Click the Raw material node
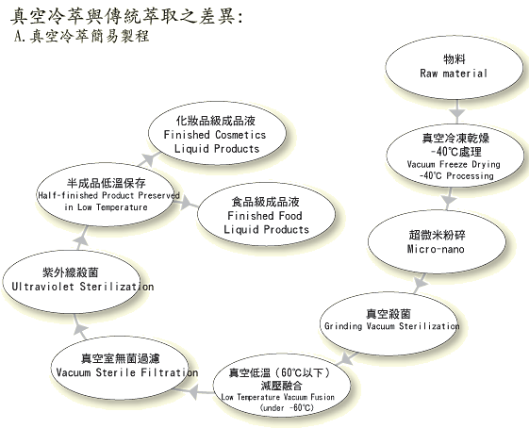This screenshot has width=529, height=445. [455, 67]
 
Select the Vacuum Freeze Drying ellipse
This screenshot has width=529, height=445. [455, 156]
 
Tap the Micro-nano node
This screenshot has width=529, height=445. [437, 241]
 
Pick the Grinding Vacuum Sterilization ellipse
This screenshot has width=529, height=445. [389, 323]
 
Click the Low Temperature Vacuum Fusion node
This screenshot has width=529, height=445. [282, 385]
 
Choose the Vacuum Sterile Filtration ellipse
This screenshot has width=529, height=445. [120, 368]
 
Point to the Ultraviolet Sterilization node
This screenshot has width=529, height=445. [72, 282]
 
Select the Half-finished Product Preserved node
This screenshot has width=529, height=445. [106, 194]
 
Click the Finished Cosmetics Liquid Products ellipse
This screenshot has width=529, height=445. [217, 133]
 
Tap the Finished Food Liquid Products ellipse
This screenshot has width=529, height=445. [266, 214]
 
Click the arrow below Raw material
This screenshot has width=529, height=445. [456, 111]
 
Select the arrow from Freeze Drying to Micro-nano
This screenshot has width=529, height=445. [449, 199]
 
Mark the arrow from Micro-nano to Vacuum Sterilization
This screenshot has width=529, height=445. [421, 283]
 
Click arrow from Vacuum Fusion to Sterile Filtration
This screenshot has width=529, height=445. [194, 392]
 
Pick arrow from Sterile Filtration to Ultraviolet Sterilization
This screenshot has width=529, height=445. [79, 327]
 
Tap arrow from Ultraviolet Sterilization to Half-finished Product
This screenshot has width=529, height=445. [82, 239]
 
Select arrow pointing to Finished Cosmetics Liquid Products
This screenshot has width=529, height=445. [148, 159]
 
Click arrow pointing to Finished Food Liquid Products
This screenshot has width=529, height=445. [186, 203]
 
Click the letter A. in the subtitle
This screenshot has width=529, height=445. [20, 36]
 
